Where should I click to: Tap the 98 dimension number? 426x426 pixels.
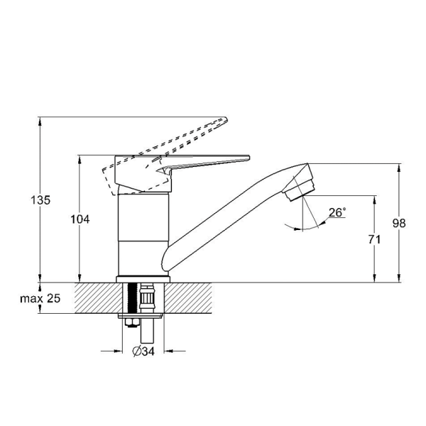[x=399, y=223]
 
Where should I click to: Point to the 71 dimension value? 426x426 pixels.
[x=374, y=240]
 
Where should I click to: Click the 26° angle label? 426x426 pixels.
[x=337, y=212]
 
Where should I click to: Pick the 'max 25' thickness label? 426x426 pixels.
[x=40, y=299]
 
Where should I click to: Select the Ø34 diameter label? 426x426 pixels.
[x=146, y=351]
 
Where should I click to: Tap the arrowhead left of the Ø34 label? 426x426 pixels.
[x=114, y=351]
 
